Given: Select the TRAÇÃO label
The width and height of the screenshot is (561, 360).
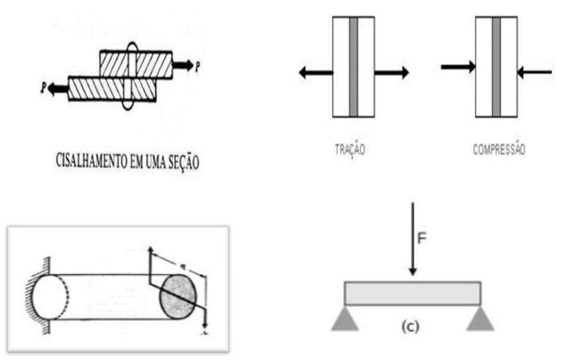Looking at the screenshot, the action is (350, 150).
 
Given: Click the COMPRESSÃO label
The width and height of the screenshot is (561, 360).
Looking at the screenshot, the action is (499, 149).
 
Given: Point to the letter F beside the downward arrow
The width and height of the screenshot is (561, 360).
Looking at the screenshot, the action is (422, 238).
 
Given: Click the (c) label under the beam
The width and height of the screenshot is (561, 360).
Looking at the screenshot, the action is (410, 326).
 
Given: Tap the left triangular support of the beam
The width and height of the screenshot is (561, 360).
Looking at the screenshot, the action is (345, 318).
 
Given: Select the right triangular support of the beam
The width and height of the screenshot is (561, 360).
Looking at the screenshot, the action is (480, 318).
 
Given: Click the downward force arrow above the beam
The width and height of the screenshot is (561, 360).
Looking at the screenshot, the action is (413, 239).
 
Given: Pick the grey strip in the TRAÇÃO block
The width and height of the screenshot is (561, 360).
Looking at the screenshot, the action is (353, 67).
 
